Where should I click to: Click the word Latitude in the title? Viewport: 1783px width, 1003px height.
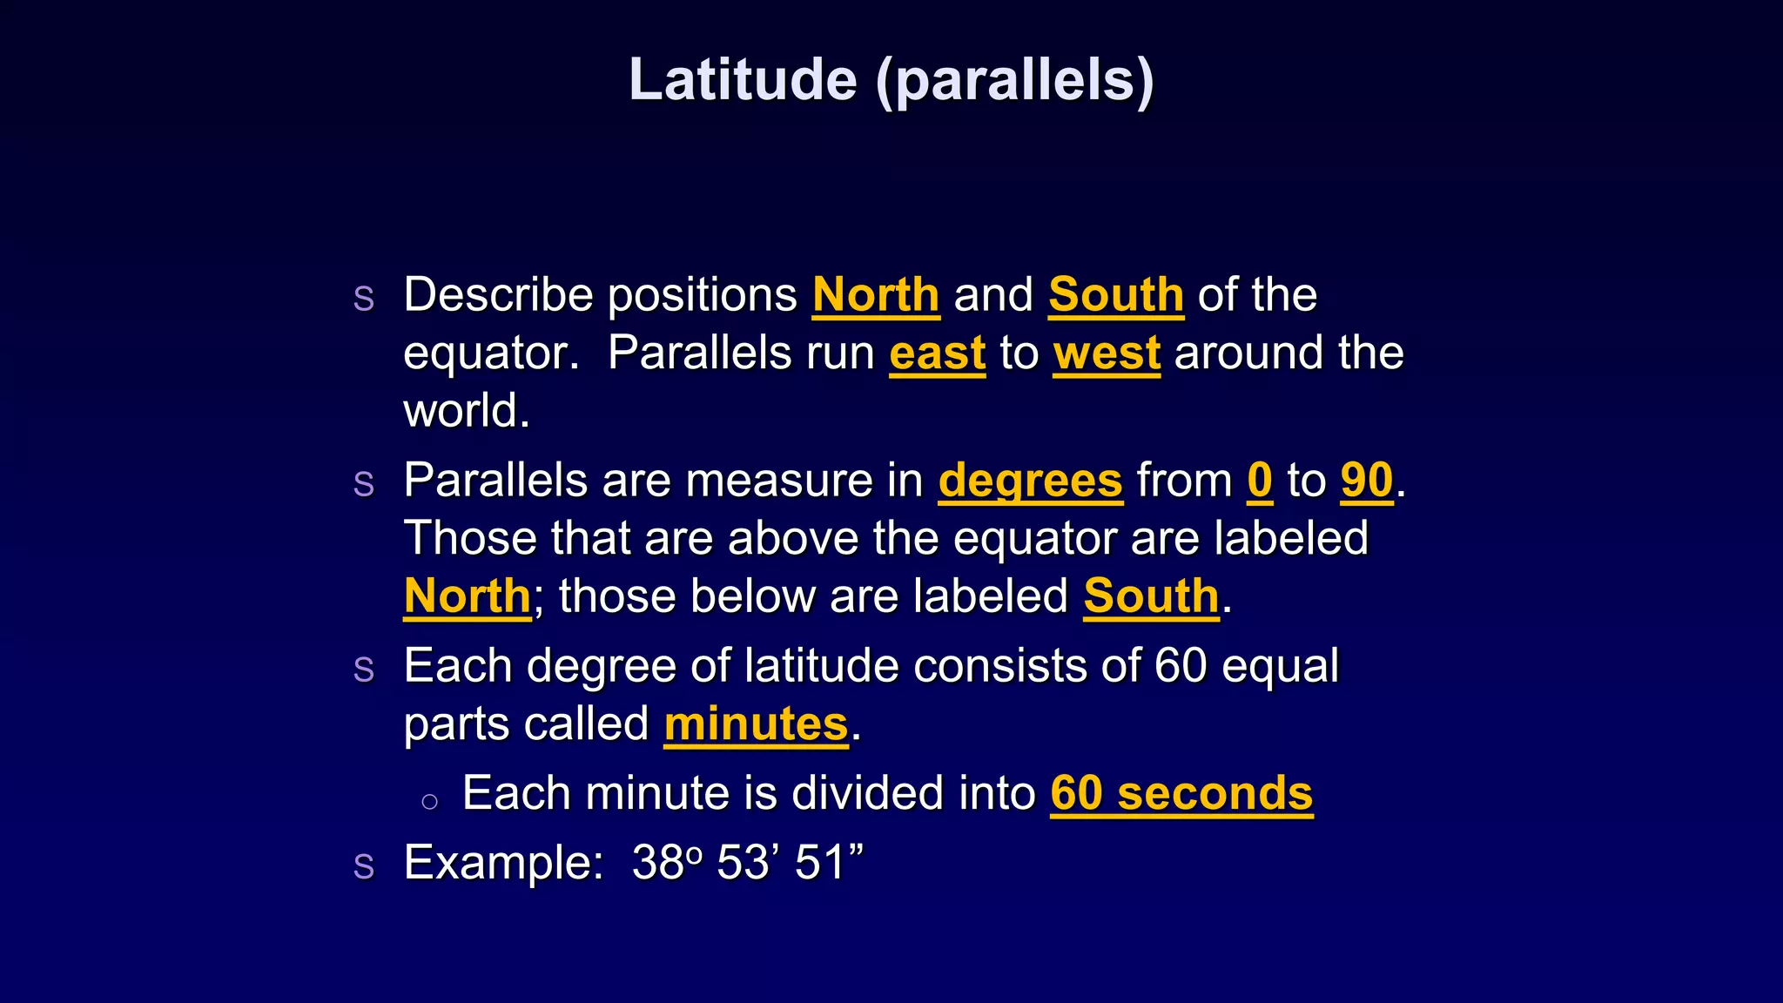click(x=743, y=80)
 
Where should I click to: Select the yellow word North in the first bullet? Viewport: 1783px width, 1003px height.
click(x=876, y=295)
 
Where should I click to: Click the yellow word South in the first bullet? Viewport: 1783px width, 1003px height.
click(x=1116, y=295)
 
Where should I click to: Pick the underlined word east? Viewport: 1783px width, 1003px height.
click(x=937, y=353)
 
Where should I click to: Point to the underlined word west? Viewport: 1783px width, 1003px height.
click(x=1107, y=353)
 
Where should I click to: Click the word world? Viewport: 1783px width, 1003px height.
click(x=466, y=411)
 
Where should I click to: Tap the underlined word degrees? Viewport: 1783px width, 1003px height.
click(x=1030, y=481)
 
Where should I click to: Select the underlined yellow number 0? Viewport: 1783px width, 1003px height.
click(x=1260, y=481)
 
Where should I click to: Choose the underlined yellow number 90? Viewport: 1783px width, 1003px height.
click(x=1367, y=481)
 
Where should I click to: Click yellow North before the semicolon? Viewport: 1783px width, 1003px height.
click(x=468, y=597)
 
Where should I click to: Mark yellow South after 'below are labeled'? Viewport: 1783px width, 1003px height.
click(x=1151, y=597)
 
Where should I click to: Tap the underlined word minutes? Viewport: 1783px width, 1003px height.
click(x=756, y=724)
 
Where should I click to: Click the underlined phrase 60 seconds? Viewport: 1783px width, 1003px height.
click(x=1181, y=794)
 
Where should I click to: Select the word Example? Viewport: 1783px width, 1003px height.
click(x=503, y=864)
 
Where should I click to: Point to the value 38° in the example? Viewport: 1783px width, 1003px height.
click(x=666, y=864)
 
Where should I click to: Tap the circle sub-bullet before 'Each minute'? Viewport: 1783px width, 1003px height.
click(x=429, y=802)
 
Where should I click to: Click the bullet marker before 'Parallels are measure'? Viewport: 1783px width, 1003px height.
click(x=364, y=484)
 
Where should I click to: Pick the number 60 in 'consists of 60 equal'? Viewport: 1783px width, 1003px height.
click(x=1181, y=667)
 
